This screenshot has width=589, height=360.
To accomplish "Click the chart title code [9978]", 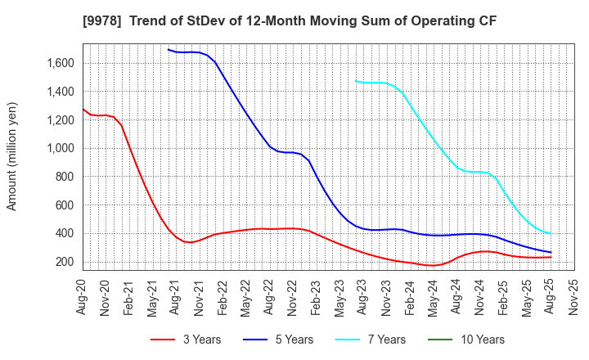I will [x=146, y=19].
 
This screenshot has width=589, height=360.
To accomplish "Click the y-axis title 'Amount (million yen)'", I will [x=11, y=156].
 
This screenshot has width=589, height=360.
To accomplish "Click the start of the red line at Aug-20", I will [x=83, y=109].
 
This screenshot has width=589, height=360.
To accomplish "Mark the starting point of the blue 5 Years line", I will [x=169, y=49].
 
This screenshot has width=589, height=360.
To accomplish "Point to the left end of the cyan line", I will [x=356, y=80].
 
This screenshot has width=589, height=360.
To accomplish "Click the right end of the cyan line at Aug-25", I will [x=551, y=234].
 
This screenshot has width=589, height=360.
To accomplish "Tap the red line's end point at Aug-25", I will [x=551, y=257].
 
